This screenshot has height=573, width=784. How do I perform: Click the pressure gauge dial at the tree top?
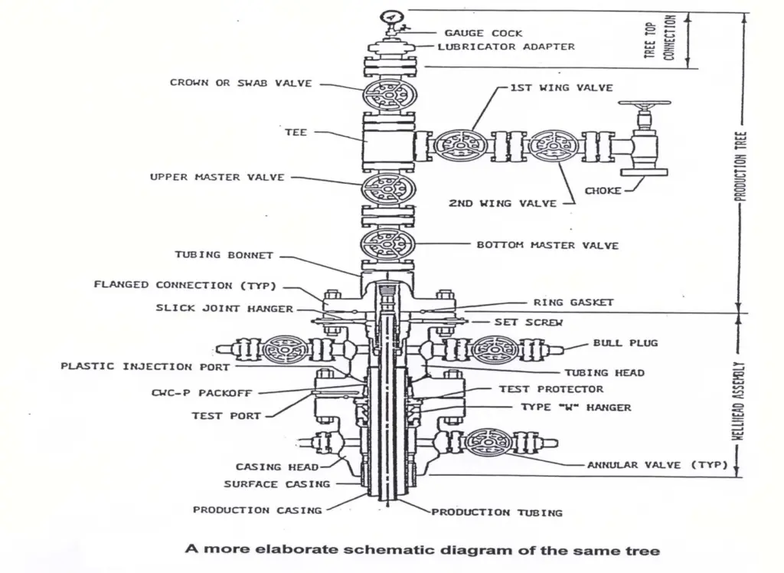(x=391, y=17)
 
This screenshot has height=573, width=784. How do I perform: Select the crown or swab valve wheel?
(x=389, y=94)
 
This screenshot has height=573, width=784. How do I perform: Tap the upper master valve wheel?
(x=388, y=189)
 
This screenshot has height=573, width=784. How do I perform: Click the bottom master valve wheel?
(x=388, y=244)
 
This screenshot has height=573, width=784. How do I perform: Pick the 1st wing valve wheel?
(x=459, y=145)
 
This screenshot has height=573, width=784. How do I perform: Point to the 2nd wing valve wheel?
(x=554, y=145)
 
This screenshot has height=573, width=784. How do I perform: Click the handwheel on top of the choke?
(x=644, y=103)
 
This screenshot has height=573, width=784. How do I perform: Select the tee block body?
(x=389, y=142)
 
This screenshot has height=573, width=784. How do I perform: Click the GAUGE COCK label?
(x=483, y=33)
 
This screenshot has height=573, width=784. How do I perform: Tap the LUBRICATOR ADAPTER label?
(x=506, y=47)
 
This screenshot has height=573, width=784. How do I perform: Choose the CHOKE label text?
(x=603, y=191)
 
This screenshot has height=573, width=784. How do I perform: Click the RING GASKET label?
(x=573, y=303)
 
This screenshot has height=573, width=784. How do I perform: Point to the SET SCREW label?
(x=528, y=323)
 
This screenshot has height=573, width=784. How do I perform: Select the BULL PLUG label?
(x=626, y=342)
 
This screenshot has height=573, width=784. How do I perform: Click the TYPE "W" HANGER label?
(x=576, y=408)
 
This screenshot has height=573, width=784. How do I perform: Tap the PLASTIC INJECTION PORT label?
(x=145, y=366)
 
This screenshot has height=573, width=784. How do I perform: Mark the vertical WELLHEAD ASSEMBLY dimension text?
(x=740, y=401)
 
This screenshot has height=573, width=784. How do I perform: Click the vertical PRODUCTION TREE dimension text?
(x=741, y=166)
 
